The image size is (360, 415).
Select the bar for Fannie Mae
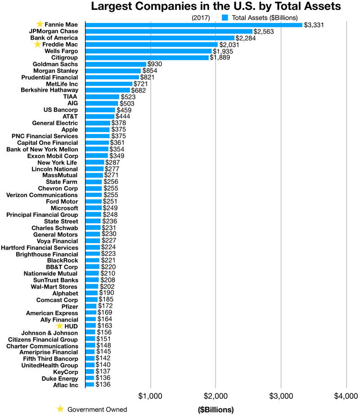pyautogui.click(x=193, y=25)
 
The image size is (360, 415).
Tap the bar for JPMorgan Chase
pyautogui.click(x=169, y=31)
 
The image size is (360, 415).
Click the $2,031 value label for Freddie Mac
pyautogui.click(x=230, y=45)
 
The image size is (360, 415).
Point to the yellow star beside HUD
pyautogui.click(x=59, y=326)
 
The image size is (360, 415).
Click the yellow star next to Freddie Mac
pyautogui.click(x=37, y=45)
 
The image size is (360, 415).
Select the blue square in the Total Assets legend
pyautogui.click(x=225, y=18)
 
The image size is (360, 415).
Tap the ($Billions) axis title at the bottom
pyautogui.click(x=216, y=410)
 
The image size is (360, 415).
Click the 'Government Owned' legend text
pyautogui.click(x=97, y=409)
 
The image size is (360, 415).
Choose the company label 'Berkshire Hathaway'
pyautogui.click(x=49, y=90)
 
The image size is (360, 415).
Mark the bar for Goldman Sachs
pyautogui.click(x=116, y=64)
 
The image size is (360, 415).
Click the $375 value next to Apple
pyautogui.click(x=118, y=129)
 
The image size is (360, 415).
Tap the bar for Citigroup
pyautogui.click(x=147, y=58)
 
